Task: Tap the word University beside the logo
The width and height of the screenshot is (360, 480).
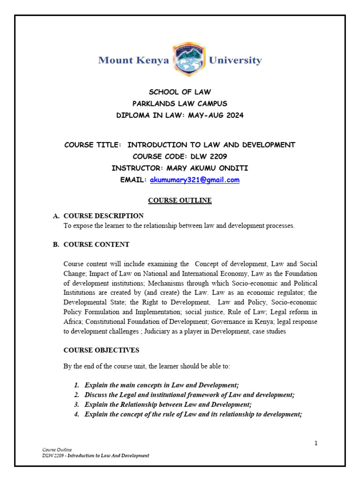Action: pyautogui.click(x=235, y=60)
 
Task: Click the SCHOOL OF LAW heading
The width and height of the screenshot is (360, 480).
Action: pyautogui.click(x=180, y=92)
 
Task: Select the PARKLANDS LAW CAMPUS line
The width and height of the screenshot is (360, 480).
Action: pyautogui.click(x=180, y=104)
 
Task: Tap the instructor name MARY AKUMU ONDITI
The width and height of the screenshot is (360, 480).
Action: pyautogui.click(x=206, y=168)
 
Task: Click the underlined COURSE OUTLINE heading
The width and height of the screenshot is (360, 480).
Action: pyautogui.click(x=180, y=201)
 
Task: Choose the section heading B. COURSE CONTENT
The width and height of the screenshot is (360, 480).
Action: pyautogui.click(x=96, y=244)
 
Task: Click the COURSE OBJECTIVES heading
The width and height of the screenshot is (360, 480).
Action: pyautogui.click(x=101, y=350)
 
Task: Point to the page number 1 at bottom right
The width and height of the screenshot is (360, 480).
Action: pyautogui.click(x=316, y=443)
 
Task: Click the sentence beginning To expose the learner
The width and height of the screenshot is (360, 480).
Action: pyautogui.click(x=179, y=225)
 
